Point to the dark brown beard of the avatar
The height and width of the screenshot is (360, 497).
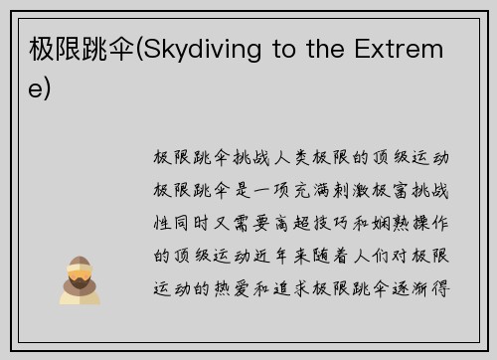(77, 279)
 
